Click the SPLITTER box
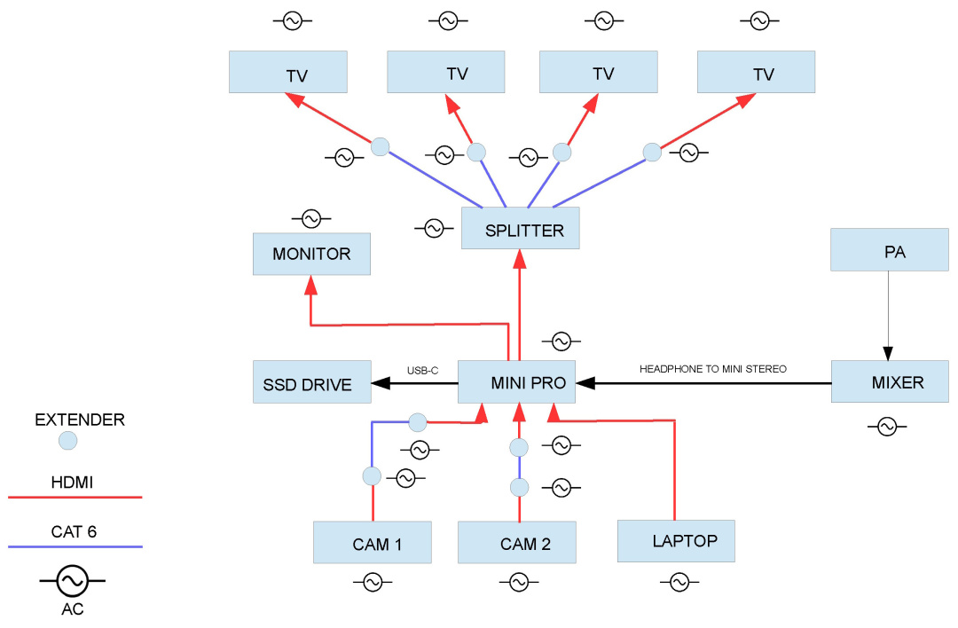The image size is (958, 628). pyautogui.click(x=520, y=228)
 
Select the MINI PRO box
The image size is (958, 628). pyautogui.click(x=516, y=381)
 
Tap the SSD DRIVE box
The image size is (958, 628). pyautogui.click(x=311, y=381)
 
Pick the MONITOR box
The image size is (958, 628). pyautogui.click(x=311, y=254)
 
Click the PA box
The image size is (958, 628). pyautogui.click(x=890, y=250)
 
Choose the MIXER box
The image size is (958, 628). pyautogui.click(x=891, y=381)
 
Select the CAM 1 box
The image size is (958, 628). pyautogui.click(x=372, y=543)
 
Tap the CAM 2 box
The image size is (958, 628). pyautogui.click(x=517, y=543)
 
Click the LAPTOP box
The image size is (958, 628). pyautogui.click(x=676, y=541)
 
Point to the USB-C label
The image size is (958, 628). pyautogui.click(x=423, y=371)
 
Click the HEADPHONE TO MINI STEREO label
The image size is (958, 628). pyautogui.click(x=713, y=369)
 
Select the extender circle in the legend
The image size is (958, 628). pyautogui.click(x=67, y=441)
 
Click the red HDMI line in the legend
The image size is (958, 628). pyautogui.click(x=75, y=498)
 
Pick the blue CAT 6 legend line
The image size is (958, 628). pyautogui.click(x=75, y=546)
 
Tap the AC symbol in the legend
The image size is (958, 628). pyautogui.click(x=72, y=580)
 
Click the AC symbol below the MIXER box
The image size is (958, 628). pyautogui.click(x=887, y=427)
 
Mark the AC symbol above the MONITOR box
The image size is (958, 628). pyautogui.click(x=311, y=218)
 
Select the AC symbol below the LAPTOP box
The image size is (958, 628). pyautogui.click(x=679, y=582)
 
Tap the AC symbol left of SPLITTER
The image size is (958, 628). pyautogui.click(x=434, y=229)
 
